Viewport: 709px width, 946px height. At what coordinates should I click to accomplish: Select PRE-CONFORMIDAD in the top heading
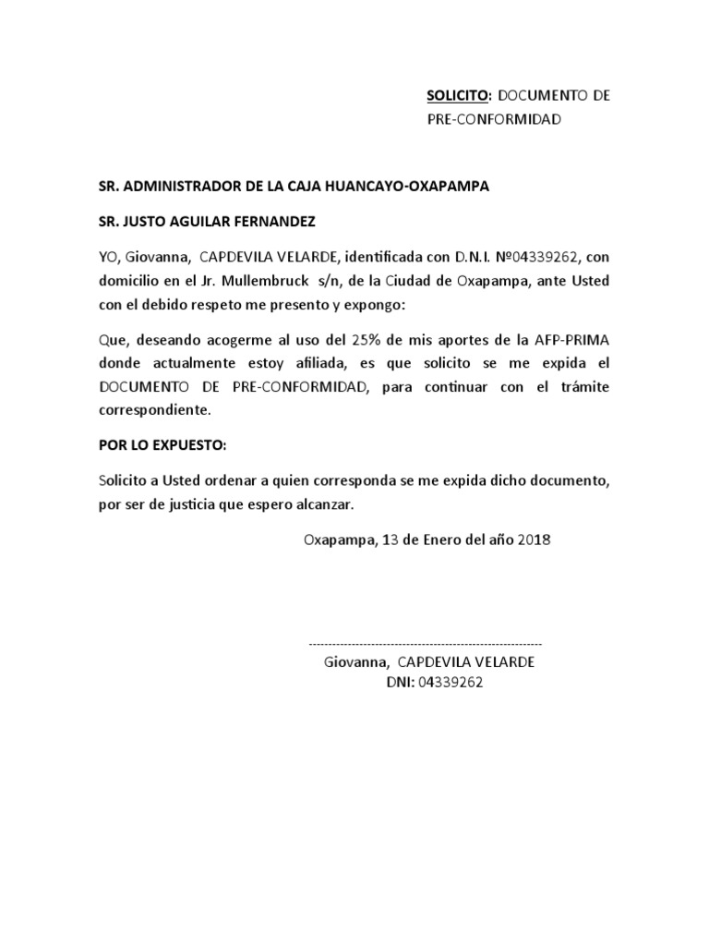point(494,119)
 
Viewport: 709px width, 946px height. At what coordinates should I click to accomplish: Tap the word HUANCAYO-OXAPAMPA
point(423,186)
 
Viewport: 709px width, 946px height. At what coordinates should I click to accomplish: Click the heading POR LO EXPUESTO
point(162,444)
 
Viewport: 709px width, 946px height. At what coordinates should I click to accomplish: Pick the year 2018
point(533,540)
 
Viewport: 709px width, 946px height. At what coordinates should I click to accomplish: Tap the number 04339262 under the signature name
point(451,683)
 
